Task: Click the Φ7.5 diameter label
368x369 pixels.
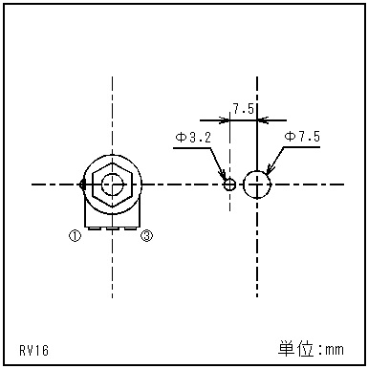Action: tap(302, 139)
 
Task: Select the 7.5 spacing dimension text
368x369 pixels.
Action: tap(243, 109)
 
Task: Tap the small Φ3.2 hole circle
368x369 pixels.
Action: tap(229, 184)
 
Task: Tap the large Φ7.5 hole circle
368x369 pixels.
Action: tap(257, 184)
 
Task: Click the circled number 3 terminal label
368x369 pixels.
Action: tap(146, 235)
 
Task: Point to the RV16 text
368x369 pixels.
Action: tap(33, 351)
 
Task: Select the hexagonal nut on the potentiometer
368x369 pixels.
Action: tap(114, 184)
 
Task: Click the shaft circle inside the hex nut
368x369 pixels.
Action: tap(114, 184)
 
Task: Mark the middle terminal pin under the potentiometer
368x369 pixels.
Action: tap(114, 228)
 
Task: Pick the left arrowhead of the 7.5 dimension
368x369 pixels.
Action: tap(227, 120)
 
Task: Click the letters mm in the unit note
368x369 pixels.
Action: tap(335, 350)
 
